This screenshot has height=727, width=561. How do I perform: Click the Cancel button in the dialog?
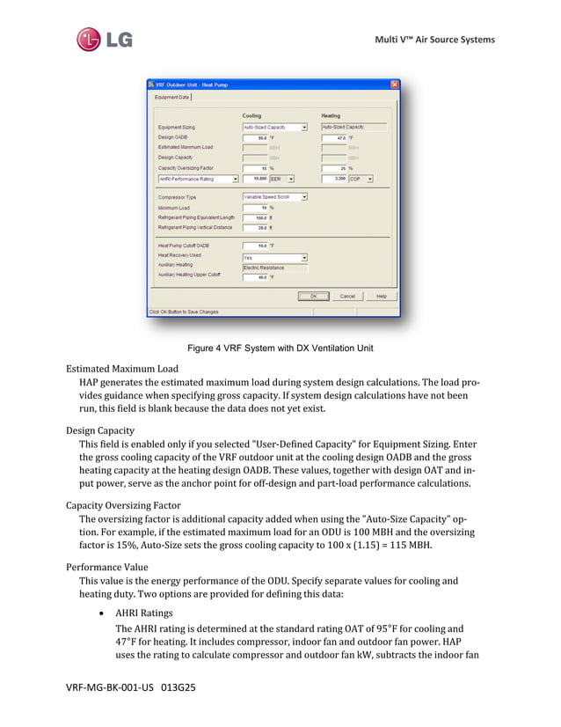coord(347,296)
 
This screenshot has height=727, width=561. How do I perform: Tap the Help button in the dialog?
coord(381,296)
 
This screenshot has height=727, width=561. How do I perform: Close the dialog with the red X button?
coord(395,84)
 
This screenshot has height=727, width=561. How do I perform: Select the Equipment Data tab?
coord(172,97)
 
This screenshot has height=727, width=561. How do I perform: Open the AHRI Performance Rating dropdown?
coord(198,179)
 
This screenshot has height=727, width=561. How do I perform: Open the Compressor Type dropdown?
coord(274,197)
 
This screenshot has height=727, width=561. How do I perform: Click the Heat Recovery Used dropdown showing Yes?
coord(274,258)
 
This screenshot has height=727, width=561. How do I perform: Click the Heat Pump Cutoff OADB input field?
coord(255,246)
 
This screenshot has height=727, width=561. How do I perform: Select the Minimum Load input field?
coord(255,208)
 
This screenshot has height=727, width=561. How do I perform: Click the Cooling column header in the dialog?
coord(251,115)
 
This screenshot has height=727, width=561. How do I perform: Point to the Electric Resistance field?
coord(274,268)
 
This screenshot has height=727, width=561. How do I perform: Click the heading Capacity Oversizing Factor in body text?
coord(123,505)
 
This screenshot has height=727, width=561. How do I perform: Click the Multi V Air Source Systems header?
coord(434,39)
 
